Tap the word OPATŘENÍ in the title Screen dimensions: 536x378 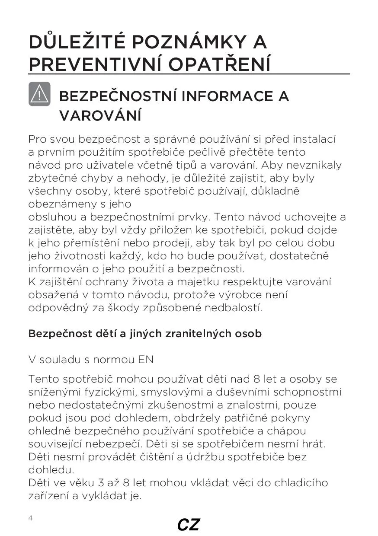coord(220,64)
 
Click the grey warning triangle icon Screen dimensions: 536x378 coord(39,94)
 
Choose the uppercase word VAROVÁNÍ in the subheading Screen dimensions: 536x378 coord(100,115)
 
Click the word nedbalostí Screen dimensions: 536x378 coord(233,308)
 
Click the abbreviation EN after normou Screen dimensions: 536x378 coord(146,360)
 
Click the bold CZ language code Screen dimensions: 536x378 coord(189,525)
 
